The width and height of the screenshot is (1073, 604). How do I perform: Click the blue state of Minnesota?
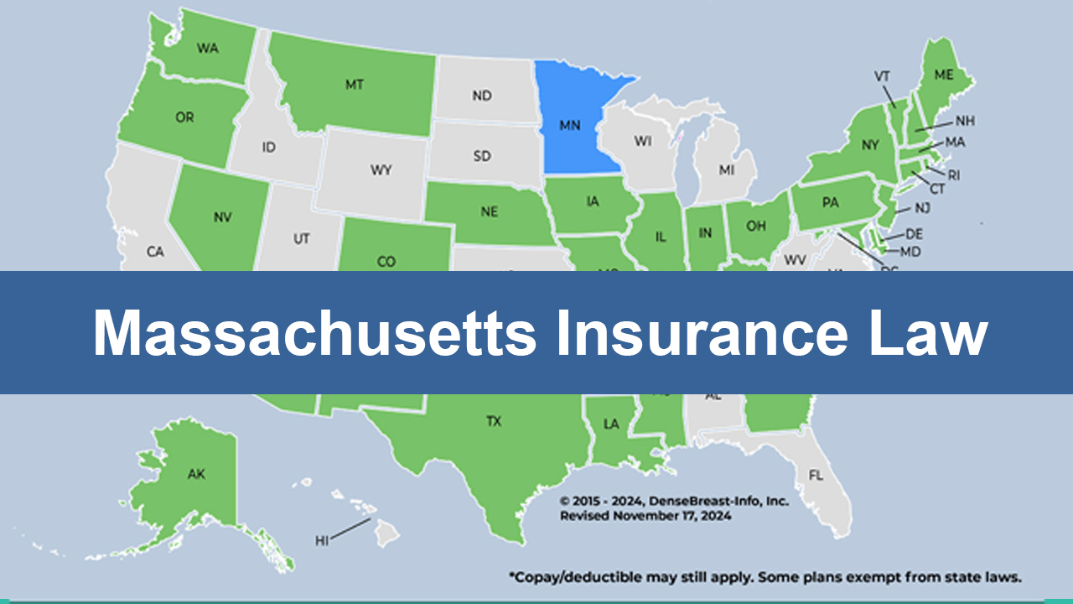574,126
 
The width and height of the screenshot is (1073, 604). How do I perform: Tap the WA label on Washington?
207,48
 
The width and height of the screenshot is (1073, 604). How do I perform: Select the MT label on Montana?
354,85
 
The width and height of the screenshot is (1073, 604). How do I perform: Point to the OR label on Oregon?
184,117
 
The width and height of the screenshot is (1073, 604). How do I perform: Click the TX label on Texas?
494,421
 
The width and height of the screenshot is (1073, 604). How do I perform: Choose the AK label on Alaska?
196,474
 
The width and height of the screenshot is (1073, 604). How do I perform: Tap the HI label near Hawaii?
322,540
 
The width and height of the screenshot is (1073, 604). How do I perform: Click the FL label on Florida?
816,475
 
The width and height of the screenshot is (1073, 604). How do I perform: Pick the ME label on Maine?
944,75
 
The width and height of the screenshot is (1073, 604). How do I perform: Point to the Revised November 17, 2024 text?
645,516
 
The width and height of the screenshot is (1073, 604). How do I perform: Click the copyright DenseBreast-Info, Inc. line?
674,501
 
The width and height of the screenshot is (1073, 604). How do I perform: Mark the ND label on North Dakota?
481,96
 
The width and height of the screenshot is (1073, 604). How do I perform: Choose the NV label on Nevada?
222,216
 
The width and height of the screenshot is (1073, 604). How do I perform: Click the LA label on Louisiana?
611,424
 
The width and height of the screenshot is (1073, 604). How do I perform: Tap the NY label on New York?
869,145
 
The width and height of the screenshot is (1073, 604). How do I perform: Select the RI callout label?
953,174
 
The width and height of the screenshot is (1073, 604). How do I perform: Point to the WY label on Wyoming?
381,170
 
